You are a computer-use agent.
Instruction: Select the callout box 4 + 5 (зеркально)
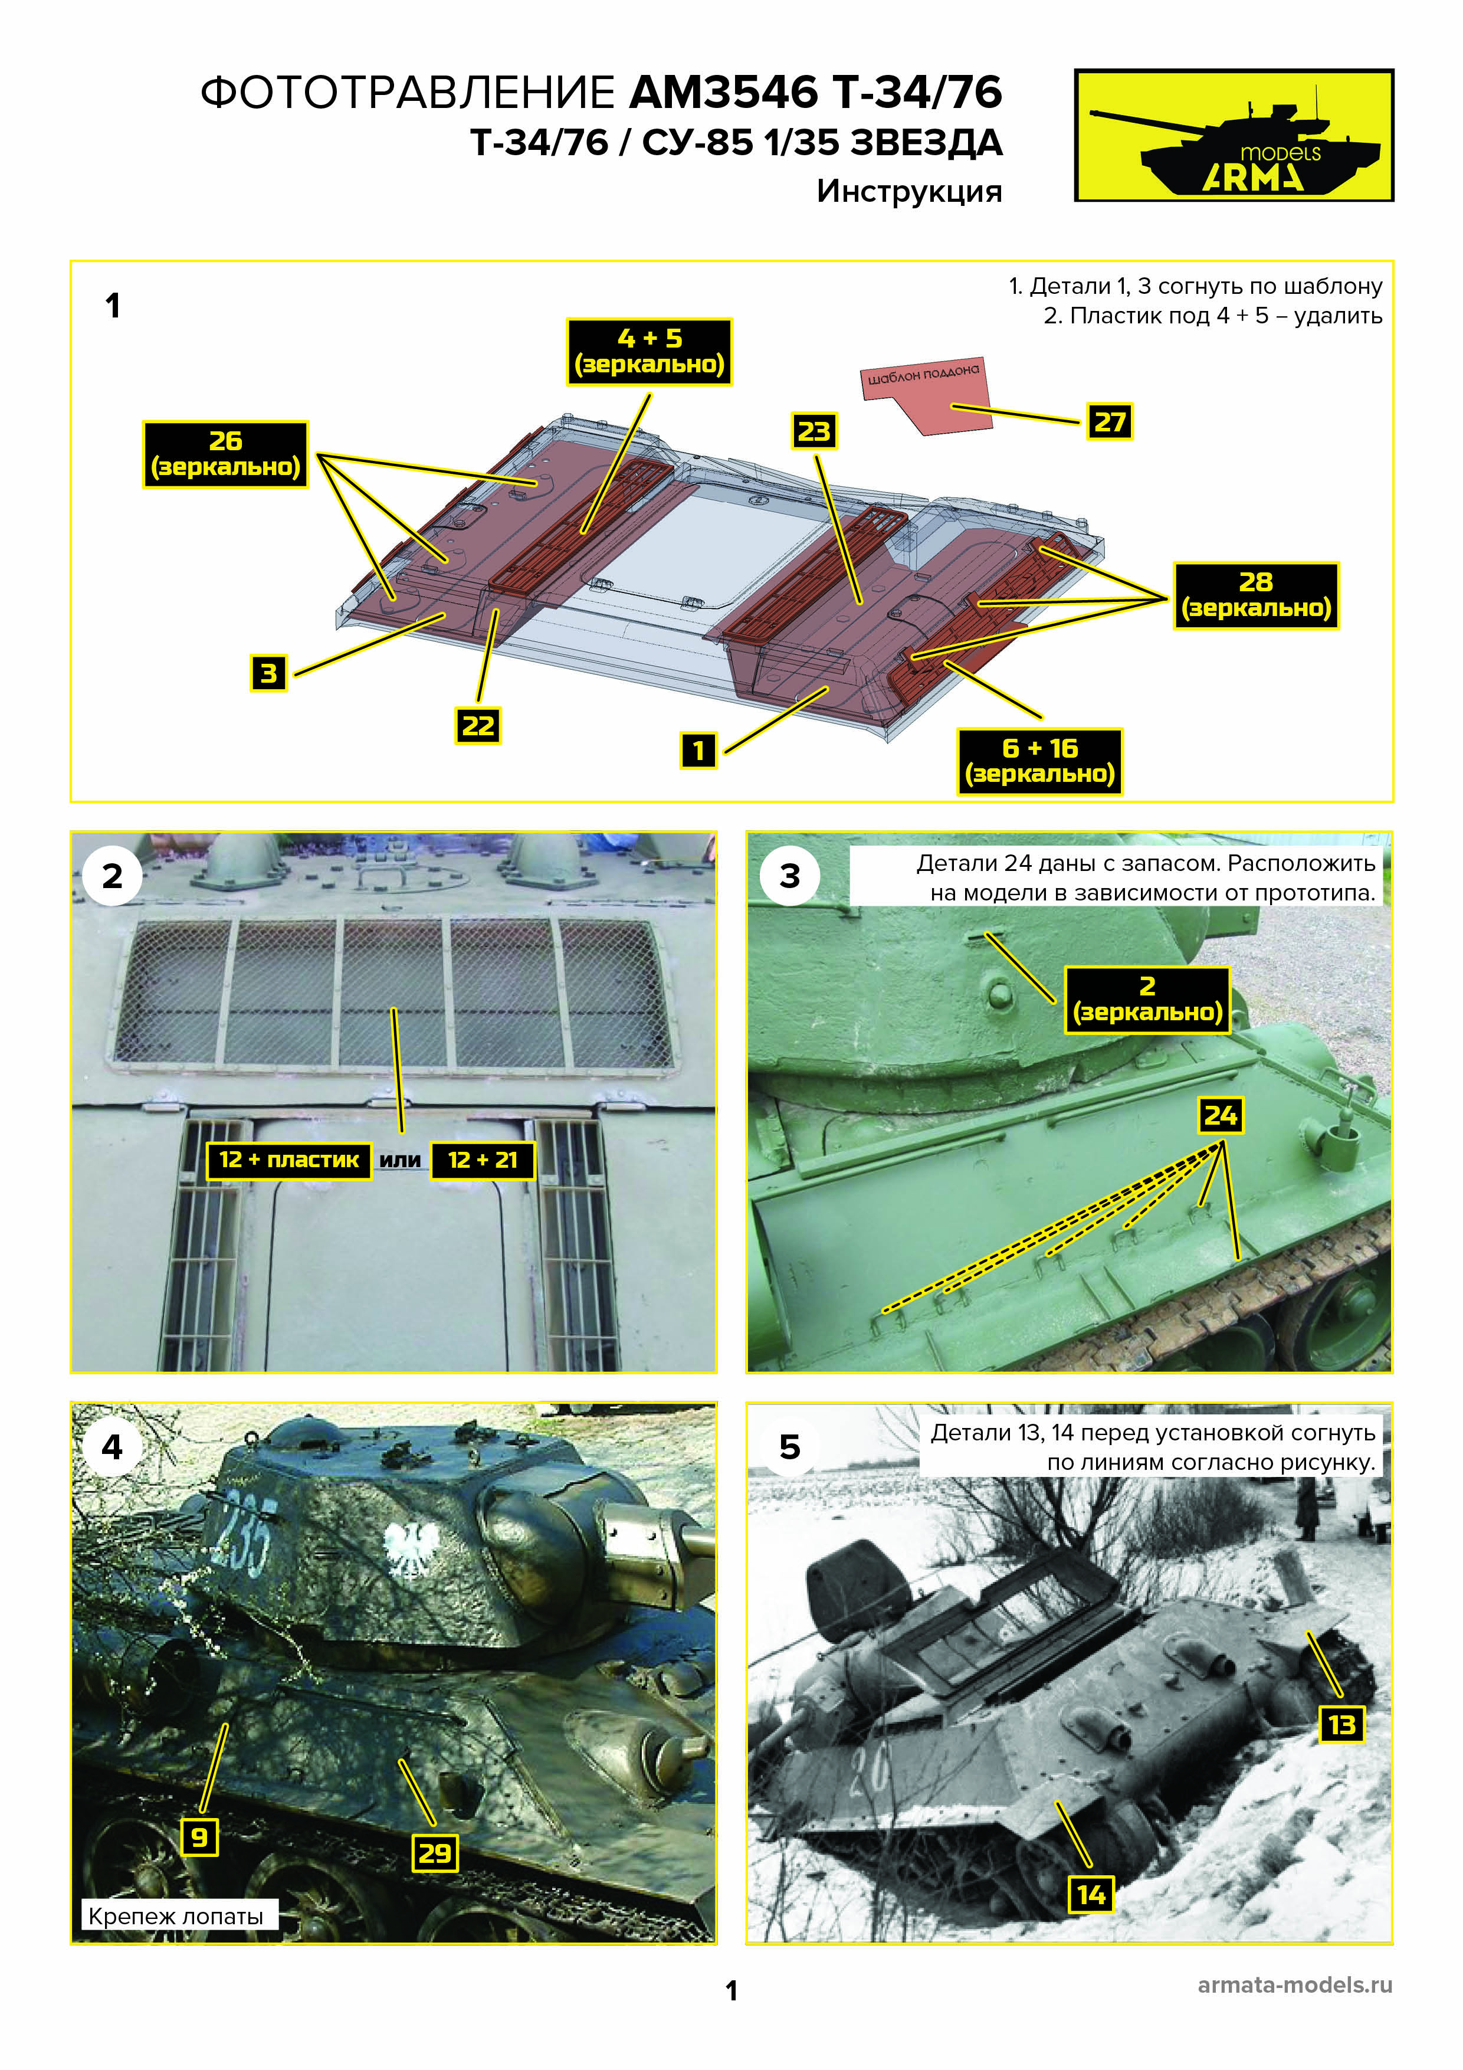649,352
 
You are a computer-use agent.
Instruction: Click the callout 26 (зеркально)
225,454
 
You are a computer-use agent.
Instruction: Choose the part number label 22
478,726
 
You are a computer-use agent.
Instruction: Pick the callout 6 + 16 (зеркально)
1039,762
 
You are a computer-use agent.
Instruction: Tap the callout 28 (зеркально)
1256,595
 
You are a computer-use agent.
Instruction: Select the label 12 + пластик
288,1160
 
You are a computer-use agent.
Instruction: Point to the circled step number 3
790,876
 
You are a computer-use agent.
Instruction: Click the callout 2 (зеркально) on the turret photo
1147,1000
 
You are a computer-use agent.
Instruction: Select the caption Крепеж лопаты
176,1916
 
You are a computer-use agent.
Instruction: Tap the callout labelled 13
1341,1725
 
